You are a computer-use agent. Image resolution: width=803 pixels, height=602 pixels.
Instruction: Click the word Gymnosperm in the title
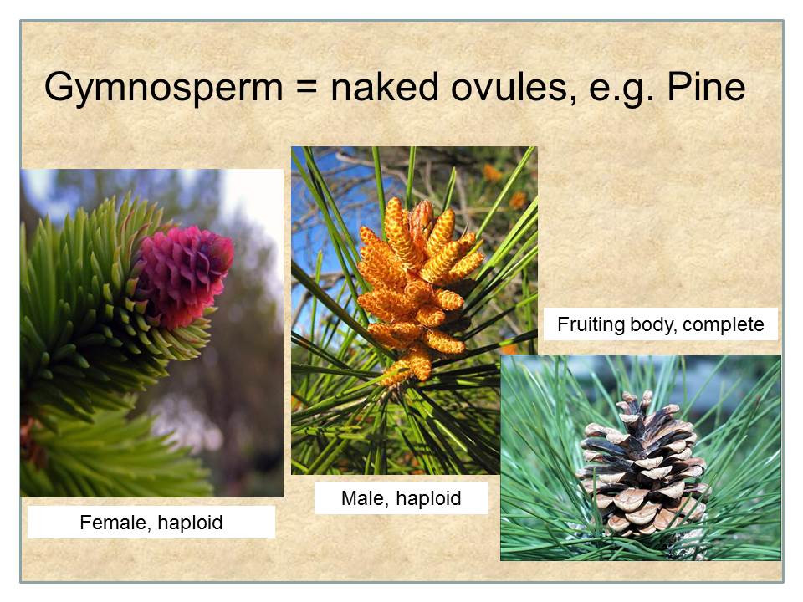(x=163, y=88)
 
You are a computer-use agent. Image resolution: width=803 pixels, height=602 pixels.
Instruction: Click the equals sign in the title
(x=306, y=87)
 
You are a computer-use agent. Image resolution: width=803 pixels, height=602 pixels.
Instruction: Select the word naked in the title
(x=385, y=85)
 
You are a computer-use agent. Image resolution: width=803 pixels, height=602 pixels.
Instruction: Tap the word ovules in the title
(x=509, y=86)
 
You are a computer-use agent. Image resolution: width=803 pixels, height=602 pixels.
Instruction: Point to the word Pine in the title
(x=706, y=86)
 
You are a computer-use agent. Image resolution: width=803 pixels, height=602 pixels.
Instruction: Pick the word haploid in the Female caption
(x=190, y=523)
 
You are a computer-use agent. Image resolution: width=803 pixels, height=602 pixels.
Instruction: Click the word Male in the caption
(x=361, y=498)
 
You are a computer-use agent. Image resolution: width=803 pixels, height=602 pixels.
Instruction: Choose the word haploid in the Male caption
(x=428, y=498)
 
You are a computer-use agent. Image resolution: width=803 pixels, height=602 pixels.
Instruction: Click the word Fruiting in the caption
(x=591, y=324)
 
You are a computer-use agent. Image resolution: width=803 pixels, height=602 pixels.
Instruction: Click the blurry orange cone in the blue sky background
(x=493, y=173)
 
